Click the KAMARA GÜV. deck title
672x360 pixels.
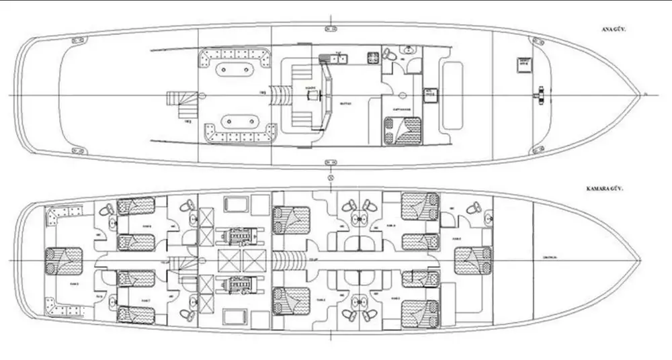coord(604,190)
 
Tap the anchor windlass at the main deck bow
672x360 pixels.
coord(539,95)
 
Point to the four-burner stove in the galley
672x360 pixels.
coord(372,57)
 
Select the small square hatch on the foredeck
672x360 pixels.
coord(523,64)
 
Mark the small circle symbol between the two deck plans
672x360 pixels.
coord(330,178)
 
